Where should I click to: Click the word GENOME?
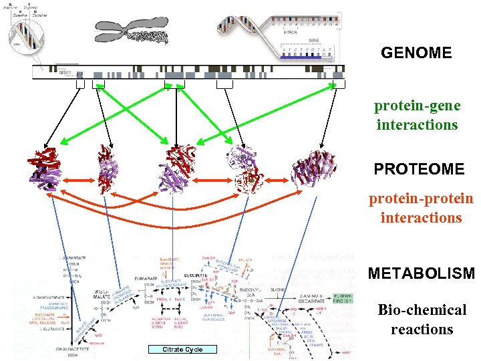point(416,52)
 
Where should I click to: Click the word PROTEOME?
point(419,169)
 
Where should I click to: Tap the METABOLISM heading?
point(421,273)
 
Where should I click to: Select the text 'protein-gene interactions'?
point(418,115)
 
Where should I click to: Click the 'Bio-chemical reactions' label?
point(422,320)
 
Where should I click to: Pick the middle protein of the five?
point(177,168)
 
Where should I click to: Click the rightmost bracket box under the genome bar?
point(339,84)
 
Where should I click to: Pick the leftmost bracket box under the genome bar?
point(80,84)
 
